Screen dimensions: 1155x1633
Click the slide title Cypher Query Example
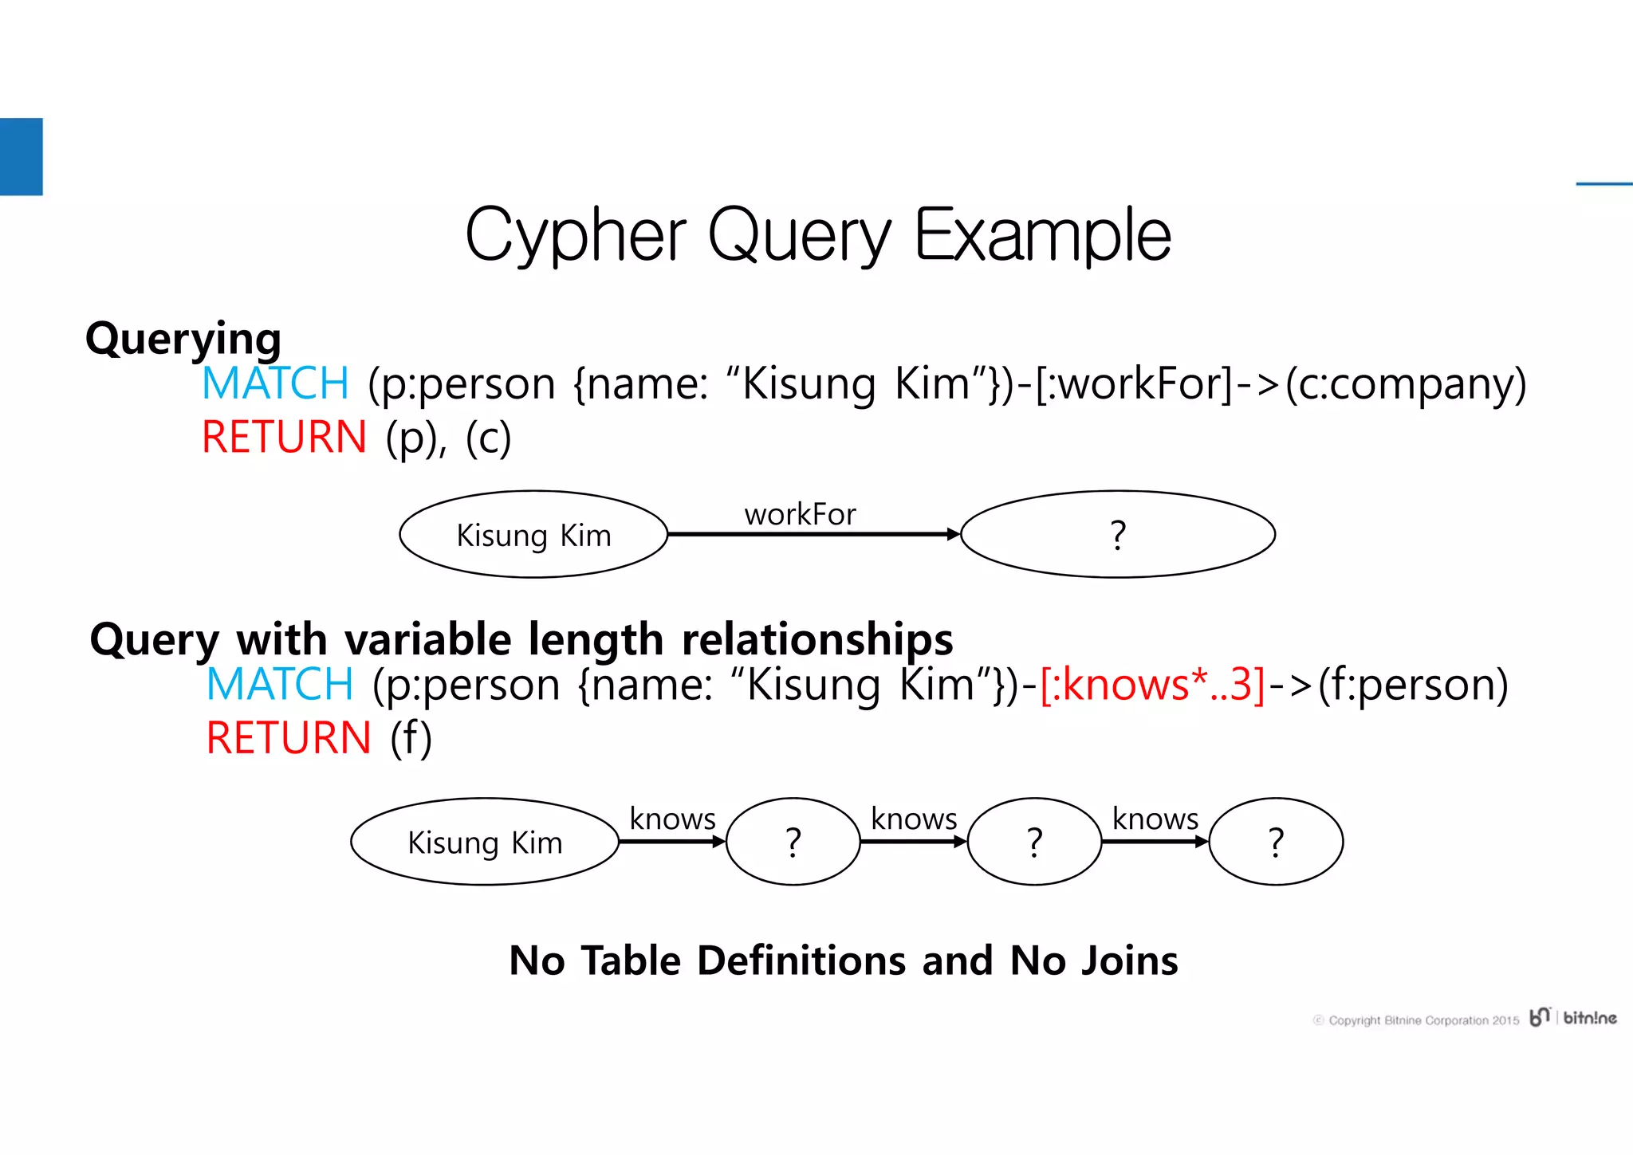pyautogui.click(x=817, y=234)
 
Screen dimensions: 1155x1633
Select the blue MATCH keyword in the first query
pyautogui.click(x=276, y=383)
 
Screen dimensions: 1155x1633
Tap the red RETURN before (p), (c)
pyautogui.click(x=284, y=438)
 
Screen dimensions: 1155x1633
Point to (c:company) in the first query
pyautogui.click(x=1405, y=383)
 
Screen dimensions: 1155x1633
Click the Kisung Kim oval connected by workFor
pyautogui.click(x=533, y=535)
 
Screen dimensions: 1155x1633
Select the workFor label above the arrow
pyautogui.click(x=800, y=514)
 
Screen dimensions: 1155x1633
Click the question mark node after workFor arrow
pyautogui.click(x=1117, y=535)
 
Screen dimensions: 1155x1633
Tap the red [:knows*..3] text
pyautogui.click(x=1152, y=685)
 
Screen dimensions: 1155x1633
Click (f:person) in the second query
pyautogui.click(x=1412, y=685)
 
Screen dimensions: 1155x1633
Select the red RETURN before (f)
pyautogui.click(x=289, y=738)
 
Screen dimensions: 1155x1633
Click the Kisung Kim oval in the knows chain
pyautogui.click(x=485, y=843)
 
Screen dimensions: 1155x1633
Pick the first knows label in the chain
pyautogui.click(x=672, y=819)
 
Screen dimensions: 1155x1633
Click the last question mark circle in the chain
pyautogui.click(x=1276, y=843)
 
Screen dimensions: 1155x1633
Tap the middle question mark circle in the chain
pyautogui.click(x=1034, y=843)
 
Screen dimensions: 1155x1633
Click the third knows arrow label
pyautogui.click(x=1155, y=819)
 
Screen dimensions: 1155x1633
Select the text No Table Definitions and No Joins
pyautogui.click(x=843, y=961)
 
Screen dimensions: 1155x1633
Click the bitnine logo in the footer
pyautogui.click(x=1573, y=1018)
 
